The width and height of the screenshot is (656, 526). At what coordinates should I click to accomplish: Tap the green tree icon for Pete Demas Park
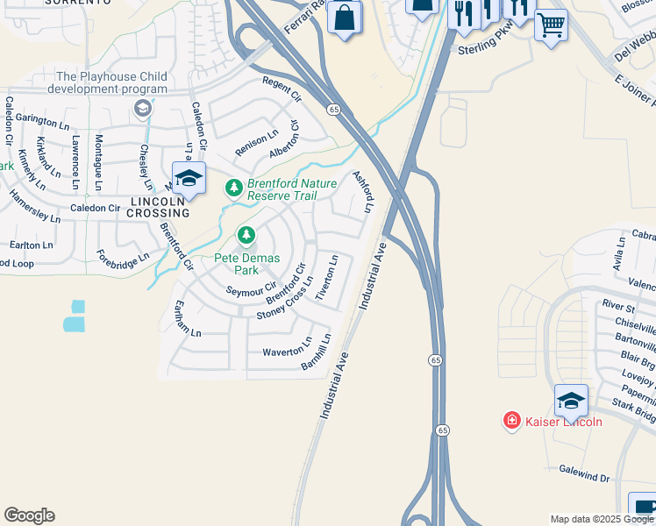[x=247, y=235]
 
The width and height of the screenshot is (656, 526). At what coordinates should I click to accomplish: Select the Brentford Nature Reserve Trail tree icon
[x=233, y=188]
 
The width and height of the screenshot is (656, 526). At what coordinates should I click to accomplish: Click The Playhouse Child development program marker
[x=143, y=109]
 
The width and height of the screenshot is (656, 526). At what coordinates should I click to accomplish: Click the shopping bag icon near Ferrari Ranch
[x=345, y=17]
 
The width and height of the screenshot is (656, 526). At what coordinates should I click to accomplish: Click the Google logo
[x=29, y=515]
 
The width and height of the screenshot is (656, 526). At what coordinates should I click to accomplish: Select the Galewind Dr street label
[x=585, y=473]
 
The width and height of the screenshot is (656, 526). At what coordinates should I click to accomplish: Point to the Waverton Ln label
[x=287, y=348]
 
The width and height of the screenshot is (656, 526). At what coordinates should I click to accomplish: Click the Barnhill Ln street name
[x=317, y=351]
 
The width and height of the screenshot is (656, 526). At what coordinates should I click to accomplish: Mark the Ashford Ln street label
[x=362, y=191]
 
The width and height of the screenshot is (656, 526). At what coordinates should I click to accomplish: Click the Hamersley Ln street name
[x=35, y=208]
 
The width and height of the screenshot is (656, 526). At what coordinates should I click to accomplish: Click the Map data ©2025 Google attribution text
[x=602, y=519]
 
